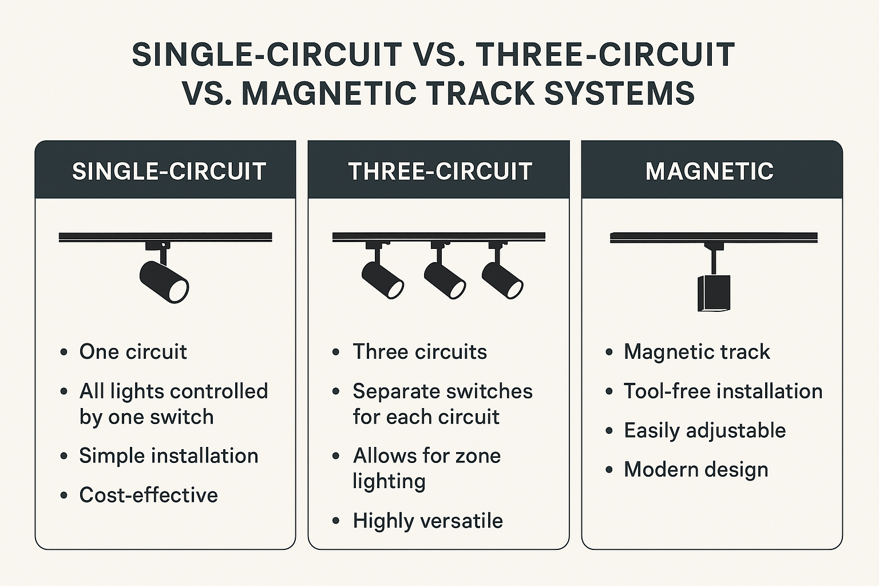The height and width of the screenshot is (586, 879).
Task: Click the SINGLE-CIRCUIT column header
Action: click(x=169, y=172)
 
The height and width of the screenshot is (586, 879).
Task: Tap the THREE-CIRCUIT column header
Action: click(x=440, y=172)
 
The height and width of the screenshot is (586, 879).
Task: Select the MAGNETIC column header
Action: click(x=710, y=172)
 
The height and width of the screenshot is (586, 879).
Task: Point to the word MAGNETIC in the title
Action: click(x=328, y=93)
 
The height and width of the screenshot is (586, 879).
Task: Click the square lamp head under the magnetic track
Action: click(x=714, y=293)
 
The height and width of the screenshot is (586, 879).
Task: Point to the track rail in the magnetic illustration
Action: click(x=714, y=237)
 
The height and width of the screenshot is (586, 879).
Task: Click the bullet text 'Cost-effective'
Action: click(x=148, y=494)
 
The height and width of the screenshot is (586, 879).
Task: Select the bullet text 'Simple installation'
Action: click(x=169, y=456)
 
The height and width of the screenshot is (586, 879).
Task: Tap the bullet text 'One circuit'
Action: click(x=133, y=351)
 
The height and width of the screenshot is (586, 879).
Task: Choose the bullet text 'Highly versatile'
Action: click(x=427, y=521)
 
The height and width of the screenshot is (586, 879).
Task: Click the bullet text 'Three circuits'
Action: click(x=420, y=351)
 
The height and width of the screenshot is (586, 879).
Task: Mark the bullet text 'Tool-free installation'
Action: click(x=723, y=391)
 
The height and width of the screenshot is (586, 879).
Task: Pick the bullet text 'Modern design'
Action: click(x=696, y=470)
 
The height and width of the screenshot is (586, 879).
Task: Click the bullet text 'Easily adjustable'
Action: click(x=705, y=430)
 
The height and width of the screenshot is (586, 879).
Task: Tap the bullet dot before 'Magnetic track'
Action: click(x=609, y=352)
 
